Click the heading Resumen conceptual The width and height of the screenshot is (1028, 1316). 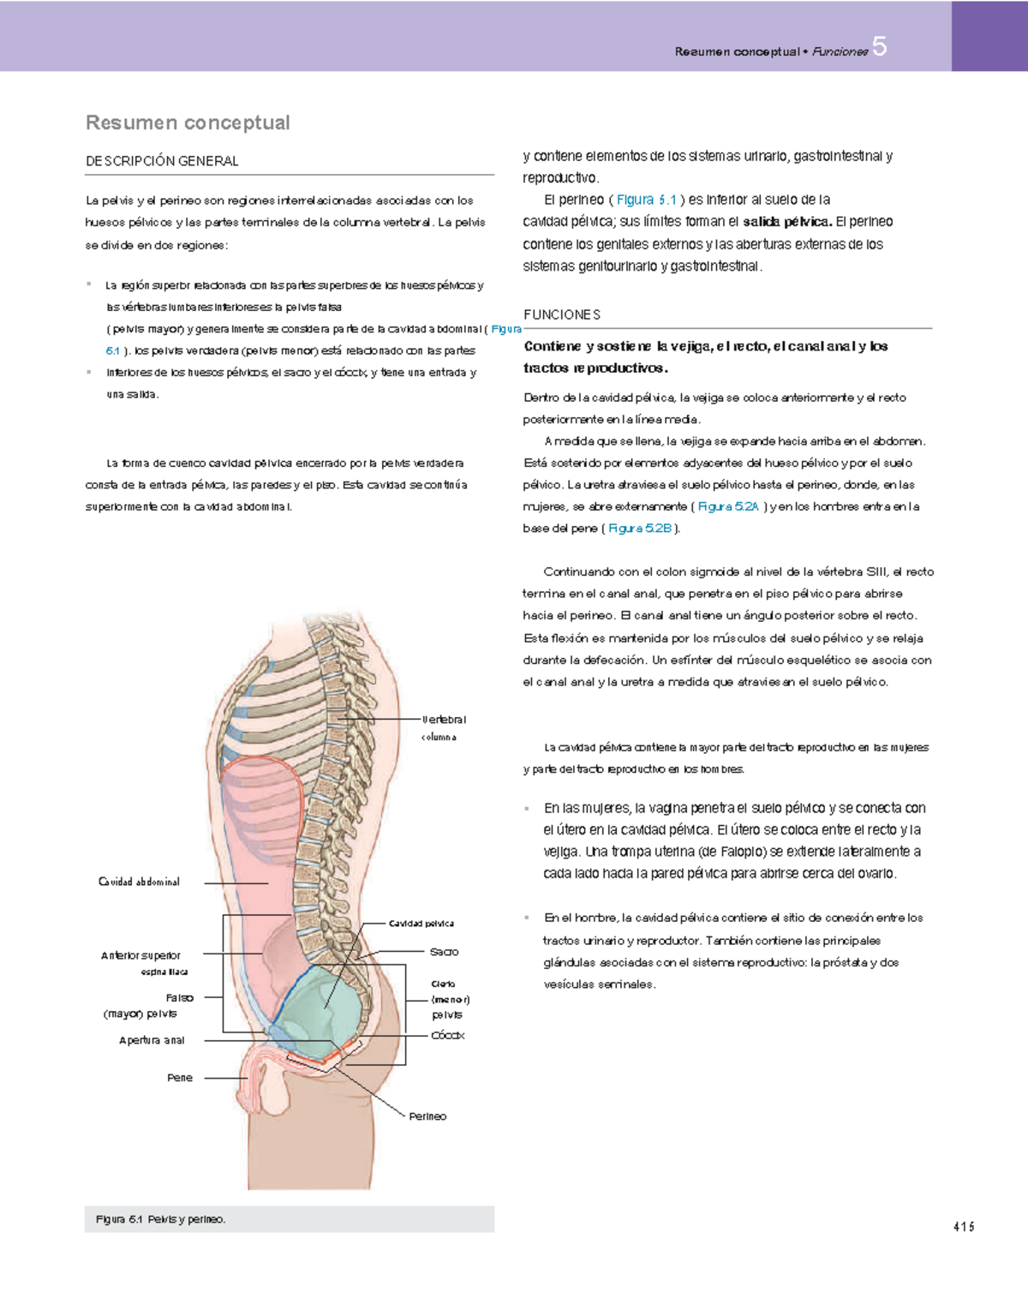(x=188, y=123)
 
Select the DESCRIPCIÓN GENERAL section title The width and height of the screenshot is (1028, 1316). (x=162, y=161)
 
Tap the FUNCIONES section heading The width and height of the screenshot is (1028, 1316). (x=562, y=314)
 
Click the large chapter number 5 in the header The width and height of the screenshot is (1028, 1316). (x=879, y=47)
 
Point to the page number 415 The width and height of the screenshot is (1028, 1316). (x=964, y=1227)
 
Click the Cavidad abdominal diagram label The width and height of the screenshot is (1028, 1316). (x=139, y=882)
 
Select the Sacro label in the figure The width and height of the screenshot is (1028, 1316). (x=444, y=952)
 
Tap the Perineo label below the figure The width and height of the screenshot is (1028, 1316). (x=427, y=1116)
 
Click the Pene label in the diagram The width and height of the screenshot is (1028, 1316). (x=180, y=1078)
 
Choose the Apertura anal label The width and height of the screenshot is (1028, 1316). (x=152, y=1040)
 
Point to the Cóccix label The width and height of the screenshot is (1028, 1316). (x=447, y=1035)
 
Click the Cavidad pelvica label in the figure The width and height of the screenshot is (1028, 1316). (x=421, y=924)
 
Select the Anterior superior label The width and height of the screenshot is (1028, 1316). (x=140, y=955)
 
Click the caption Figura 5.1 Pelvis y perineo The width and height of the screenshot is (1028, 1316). (x=161, y=1219)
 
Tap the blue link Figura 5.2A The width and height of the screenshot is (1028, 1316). (x=728, y=506)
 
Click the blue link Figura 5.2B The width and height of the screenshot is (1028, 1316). (x=640, y=529)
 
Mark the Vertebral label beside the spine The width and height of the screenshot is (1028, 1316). (x=444, y=720)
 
